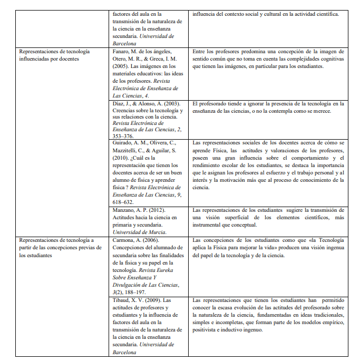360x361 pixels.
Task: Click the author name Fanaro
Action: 122,51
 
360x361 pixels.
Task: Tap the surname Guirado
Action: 124,143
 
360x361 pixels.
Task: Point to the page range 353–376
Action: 125,135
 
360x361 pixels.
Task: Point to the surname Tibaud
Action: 123,300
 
